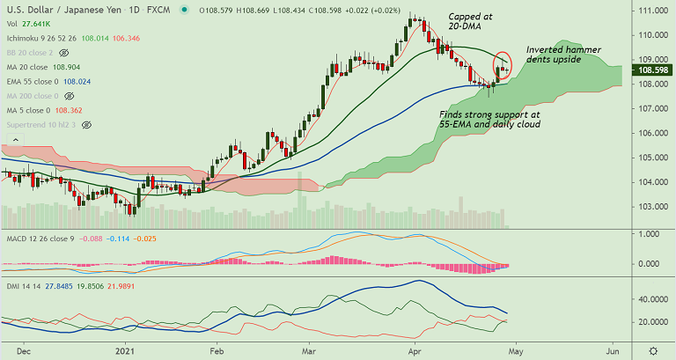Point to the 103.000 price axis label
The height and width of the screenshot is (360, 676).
pyautogui.click(x=650, y=207)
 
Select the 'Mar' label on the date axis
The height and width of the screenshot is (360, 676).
pyautogui.click(x=310, y=349)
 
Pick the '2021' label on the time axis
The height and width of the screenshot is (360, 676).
pyautogui.click(x=125, y=349)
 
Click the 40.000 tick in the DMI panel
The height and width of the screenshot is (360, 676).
pyautogui.click(x=650, y=300)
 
